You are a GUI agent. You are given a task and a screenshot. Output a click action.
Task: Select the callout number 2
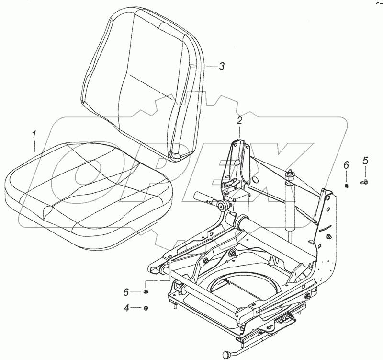coord(239,120)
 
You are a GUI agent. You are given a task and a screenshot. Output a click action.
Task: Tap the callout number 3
coord(221,67)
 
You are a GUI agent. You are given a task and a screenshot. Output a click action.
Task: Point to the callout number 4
coord(127,308)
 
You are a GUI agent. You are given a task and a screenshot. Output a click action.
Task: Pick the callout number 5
coord(365,161)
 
